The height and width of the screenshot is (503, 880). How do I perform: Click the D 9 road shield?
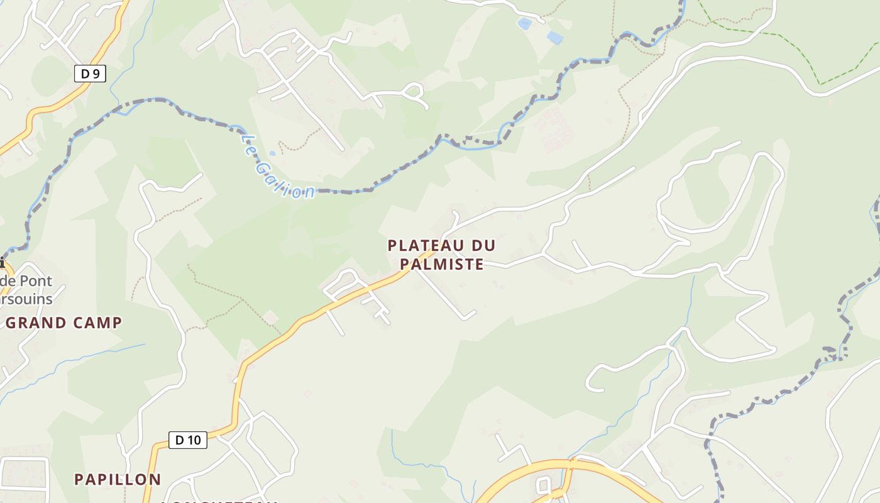tap(90, 74)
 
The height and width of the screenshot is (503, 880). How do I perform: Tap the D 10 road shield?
tap(187, 440)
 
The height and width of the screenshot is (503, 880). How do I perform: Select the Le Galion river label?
tap(277, 165)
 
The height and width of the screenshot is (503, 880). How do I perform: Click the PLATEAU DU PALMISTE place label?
tap(441, 255)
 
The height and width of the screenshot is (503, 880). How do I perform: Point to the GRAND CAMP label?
tap(63, 323)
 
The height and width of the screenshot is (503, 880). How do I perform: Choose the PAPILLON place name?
tap(118, 479)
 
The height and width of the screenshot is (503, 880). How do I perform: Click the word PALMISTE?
tap(442, 264)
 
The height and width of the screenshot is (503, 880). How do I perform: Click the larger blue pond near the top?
tap(554, 38)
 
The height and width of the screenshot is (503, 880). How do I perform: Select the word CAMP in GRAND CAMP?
tap(97, 323)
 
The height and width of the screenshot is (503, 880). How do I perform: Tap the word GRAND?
tap(36, 323)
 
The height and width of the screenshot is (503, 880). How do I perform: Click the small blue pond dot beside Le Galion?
tap(272, 153)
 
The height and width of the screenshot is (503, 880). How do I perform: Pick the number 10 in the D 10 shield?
tap(195, 440)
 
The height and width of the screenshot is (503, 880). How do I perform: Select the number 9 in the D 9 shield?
tap(96, 74)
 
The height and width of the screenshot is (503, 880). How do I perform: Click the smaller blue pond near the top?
tap(524, 24)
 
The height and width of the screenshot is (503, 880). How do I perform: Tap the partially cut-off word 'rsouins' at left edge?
tap(26, 299)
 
